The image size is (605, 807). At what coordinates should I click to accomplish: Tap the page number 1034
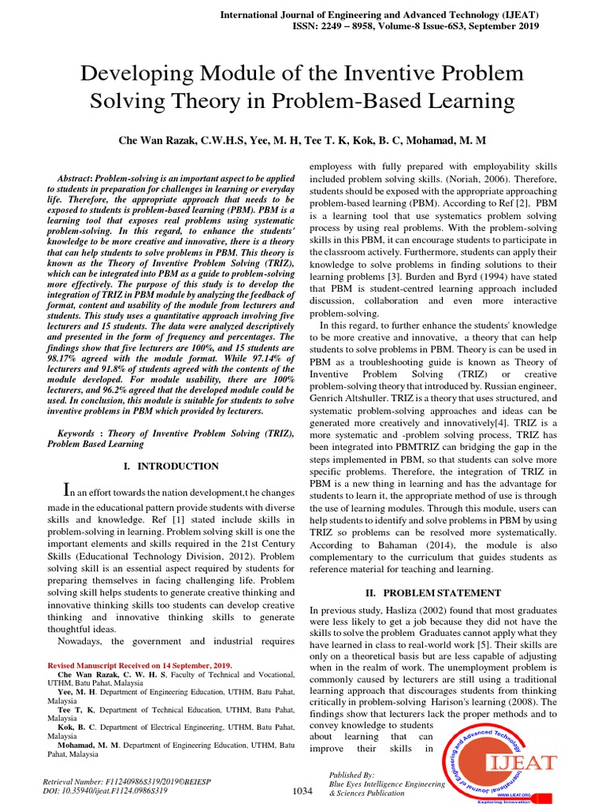pos(302,790)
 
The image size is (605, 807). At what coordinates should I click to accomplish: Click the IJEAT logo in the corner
pos(505,762)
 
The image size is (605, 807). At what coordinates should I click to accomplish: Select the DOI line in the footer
pos(109,790)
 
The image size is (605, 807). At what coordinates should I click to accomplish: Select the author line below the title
pos(302,139)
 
